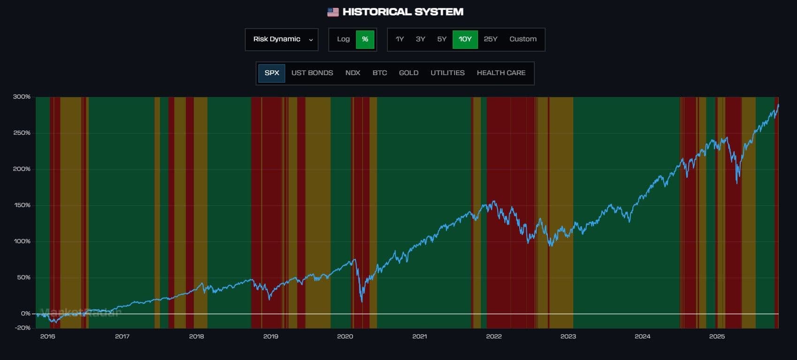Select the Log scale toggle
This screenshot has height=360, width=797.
(343, 39)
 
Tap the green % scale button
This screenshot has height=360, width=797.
(365, 39)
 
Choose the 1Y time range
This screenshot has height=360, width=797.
(400, 39)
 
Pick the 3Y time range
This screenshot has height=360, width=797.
(420, 39)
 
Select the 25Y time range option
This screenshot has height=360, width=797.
(490, 39)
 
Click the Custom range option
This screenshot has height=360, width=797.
(523, 39)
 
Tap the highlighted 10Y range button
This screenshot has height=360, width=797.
(465, 39)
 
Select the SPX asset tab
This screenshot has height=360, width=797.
(272, 73)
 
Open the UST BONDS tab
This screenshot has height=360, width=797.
(312, 73)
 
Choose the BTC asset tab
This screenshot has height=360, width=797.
(380, 73)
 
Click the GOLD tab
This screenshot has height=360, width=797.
(409, 73)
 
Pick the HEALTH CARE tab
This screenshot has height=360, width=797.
(501, 73)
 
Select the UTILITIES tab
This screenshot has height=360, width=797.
(448, 73)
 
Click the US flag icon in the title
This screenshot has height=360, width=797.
(333, 12)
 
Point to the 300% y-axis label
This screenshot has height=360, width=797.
(22, 97)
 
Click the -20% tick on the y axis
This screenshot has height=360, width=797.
(23, 328)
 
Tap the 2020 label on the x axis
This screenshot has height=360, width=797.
(345, 337)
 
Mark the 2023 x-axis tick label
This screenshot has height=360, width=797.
(568, 337)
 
